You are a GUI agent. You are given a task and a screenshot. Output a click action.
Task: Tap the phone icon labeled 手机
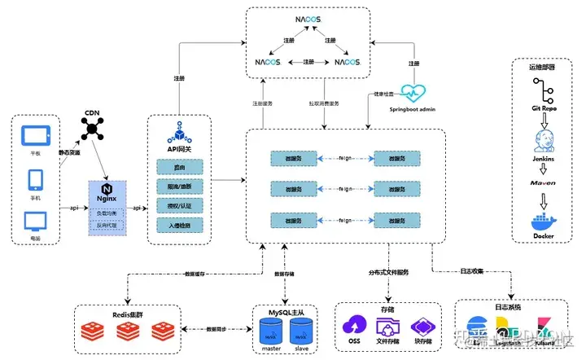[35, 178]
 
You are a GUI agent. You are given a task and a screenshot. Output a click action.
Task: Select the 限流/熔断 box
[179, 187]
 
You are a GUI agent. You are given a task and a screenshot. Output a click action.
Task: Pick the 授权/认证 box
[179, 207]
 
